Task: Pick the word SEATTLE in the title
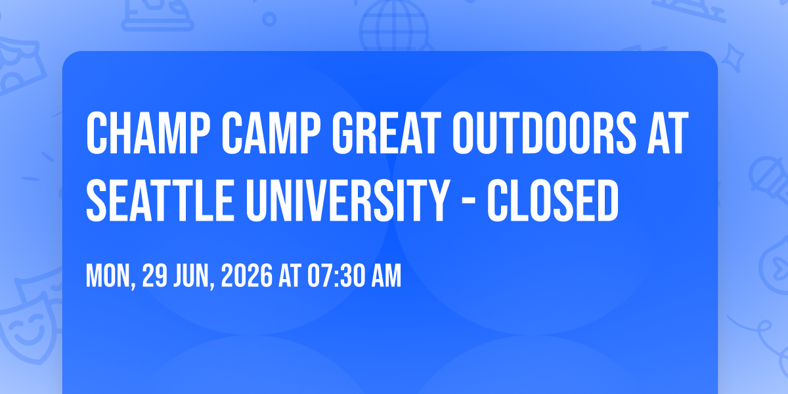point(160,200)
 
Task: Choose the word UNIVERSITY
point(348,200)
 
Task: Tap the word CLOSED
point(553,200)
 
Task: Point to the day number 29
point(154,276)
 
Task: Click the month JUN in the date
point(194,276)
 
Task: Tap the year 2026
point(247,276)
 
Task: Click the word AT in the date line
point(290,276)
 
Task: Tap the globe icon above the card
point(395,26)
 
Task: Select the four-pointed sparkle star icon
point(733,58)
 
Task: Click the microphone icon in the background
point(769,180)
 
